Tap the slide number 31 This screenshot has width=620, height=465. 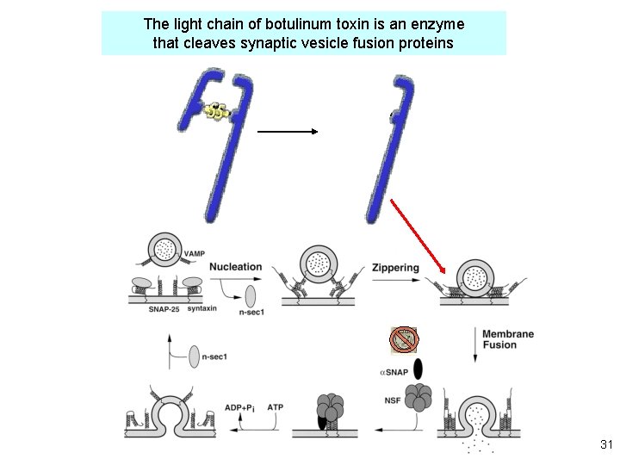pyautogui.click(x=605, y=445)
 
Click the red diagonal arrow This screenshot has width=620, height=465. pyautogui.click(x=418, y=236)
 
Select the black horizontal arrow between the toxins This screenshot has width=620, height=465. pyautogui.click(x=288, y=132)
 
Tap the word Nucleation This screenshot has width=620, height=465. pyautogui.click(x=235, y=266)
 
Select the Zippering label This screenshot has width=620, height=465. pyautogui.click(x=395, y=267)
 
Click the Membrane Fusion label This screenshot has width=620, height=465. pyautogui.click(x=507, y=339)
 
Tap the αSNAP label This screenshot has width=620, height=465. pyautogui.click(x=393, y=372)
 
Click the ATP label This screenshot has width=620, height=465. pyautogui.click(x=275, y=407)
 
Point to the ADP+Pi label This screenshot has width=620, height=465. pyautogui.click(x=238, y=407)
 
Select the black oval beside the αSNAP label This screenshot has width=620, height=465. pyautogui.click(x=418, y=369)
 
